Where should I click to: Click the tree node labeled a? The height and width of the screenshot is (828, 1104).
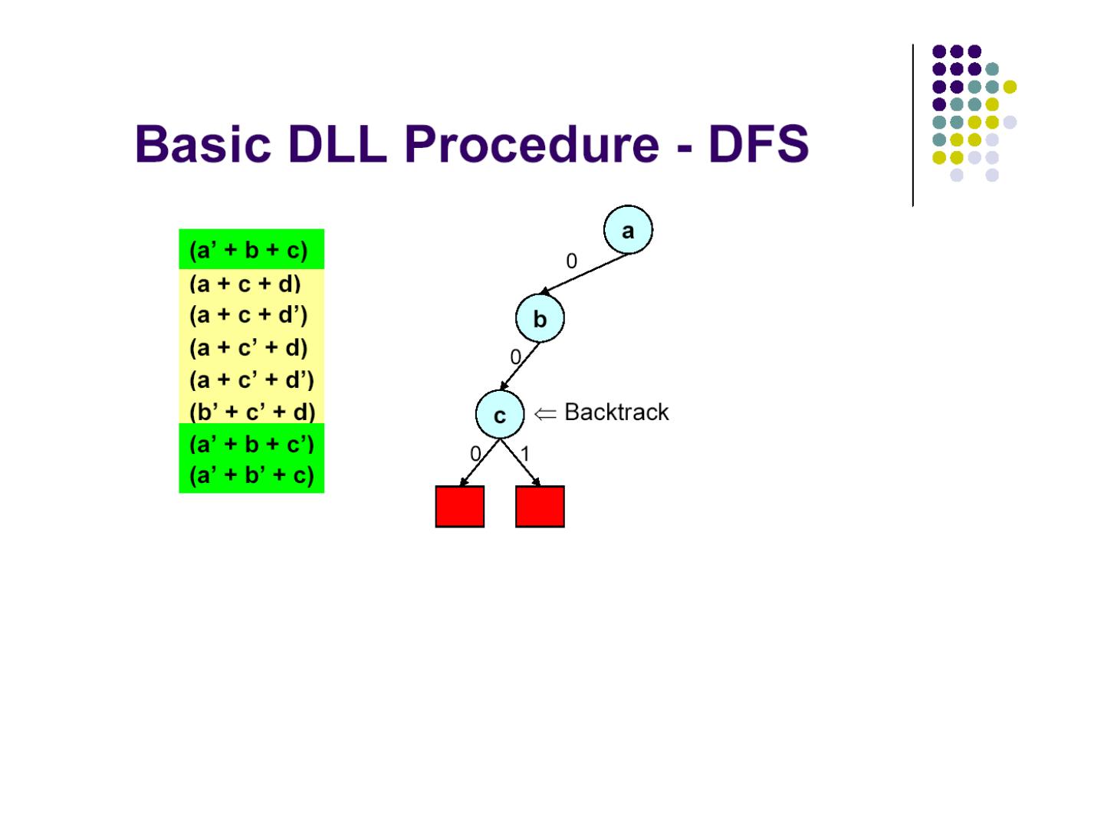tap(628, 230)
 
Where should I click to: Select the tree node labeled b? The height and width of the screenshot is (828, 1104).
tap(540, 319)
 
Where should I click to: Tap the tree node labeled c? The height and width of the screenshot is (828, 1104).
tap(500, 415)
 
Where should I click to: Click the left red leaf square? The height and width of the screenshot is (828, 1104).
tap(460, 506)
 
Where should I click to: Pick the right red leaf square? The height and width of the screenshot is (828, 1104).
tap(540, 506)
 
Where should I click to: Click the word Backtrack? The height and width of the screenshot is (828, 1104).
tap(616, 412)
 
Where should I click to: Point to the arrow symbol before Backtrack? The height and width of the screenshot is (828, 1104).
tap(545, 413)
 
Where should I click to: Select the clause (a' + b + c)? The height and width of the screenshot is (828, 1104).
tap(248, 250)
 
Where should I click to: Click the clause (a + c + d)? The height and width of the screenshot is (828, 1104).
tap(245, 284)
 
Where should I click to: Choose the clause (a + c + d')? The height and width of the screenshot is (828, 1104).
tap(248, 315)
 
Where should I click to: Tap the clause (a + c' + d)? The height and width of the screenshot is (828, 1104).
tap(248, 348)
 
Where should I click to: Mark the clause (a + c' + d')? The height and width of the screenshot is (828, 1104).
tap(251, 380)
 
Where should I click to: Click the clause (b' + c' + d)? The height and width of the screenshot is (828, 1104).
tap(252, 412)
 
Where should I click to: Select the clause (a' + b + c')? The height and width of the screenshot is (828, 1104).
tap(251, 445)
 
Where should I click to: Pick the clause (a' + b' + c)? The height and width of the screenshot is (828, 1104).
tap(251, 476)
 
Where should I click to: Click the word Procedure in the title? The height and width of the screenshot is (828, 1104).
tap(531, 144)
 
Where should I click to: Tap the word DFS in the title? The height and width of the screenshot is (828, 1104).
tap(758, 144)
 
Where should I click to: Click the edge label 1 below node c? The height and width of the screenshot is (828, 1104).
tap(525, 454)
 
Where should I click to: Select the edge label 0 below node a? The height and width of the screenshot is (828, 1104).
tap(571, 261)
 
